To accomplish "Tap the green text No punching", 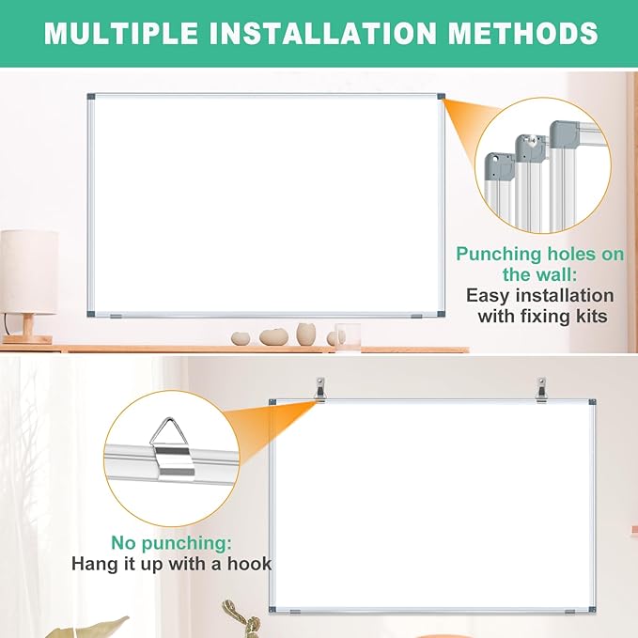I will (171, 543).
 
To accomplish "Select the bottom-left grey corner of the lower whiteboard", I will (273, 612).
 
